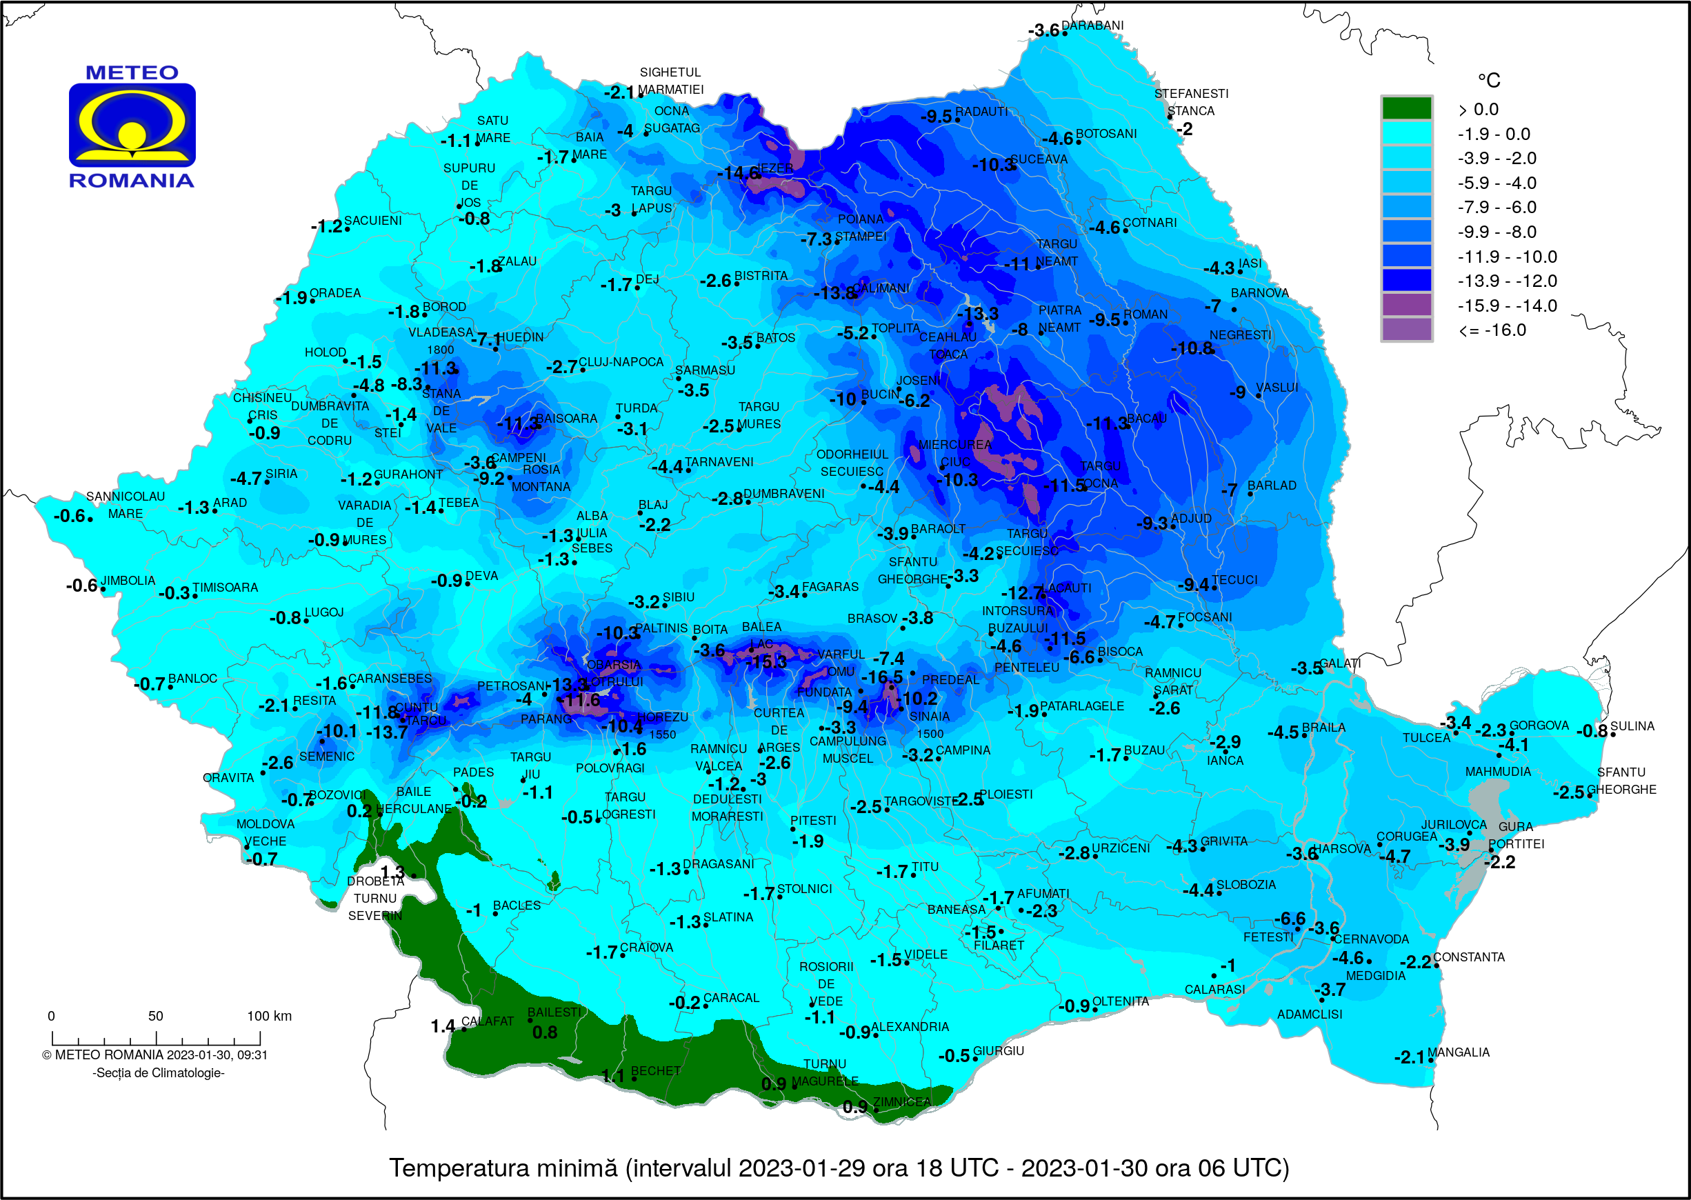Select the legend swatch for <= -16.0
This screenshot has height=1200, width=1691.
[x=1406, y=329]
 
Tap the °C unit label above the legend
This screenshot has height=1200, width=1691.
[x=1488, y=80]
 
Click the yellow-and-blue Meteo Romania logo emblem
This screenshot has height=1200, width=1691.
[x=132, y=125]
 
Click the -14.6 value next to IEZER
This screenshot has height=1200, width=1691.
[x=738, y=174]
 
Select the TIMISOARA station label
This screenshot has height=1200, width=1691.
[x=226, y=588]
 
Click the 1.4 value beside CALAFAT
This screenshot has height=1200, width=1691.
[x=443, y=1026]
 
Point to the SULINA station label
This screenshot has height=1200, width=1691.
[x=1632, y=726]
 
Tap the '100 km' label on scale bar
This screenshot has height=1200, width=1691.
[x=269, y=1016]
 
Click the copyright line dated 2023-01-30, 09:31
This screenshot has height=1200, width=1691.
[x=154, y=1054]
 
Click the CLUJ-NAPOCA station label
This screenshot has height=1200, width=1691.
[x=621, y=362]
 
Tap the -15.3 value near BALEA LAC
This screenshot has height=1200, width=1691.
[x=766, y=662]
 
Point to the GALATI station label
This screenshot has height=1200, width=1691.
[x=1339, y=663]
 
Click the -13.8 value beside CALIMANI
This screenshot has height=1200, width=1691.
[x=834, y=293]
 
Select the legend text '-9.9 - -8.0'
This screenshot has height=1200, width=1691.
[x=1496, y=232]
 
